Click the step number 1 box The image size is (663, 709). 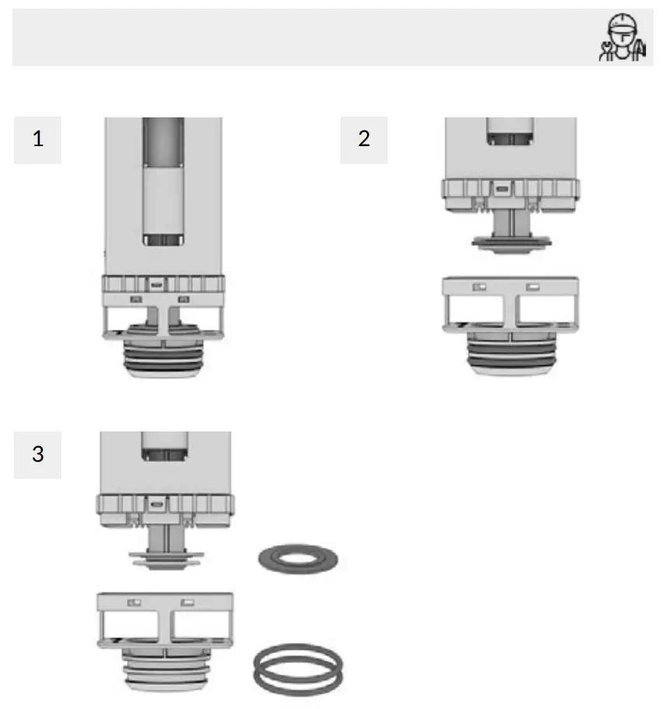click(37, 140)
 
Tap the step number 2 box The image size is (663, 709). click(364, 140)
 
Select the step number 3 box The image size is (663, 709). click(37, 454)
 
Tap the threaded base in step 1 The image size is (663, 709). click(163, 357)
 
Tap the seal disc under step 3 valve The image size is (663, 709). click(164, 557)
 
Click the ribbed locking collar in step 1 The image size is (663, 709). click(163, 285)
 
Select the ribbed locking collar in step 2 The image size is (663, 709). click(509, 189)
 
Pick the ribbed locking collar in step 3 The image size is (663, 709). click(164, 504)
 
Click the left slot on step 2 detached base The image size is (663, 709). click(480, 287)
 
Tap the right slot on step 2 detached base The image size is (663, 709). click(532, 287)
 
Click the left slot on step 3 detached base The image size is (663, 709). click(134, 602)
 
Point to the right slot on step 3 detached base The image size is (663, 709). click(187, 602)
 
